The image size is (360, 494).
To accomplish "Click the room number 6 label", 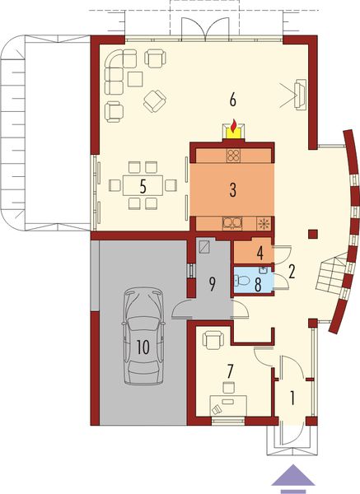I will [233, 100].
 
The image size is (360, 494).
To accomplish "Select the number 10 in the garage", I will [143, 347].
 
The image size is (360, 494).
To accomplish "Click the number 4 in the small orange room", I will [259, 252].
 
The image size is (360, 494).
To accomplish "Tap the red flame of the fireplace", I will [234, 127].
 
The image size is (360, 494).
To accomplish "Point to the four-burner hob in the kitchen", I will [233, 154].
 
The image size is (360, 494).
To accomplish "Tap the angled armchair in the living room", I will [154, 100].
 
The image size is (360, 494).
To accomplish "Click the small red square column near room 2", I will [311, 234].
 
